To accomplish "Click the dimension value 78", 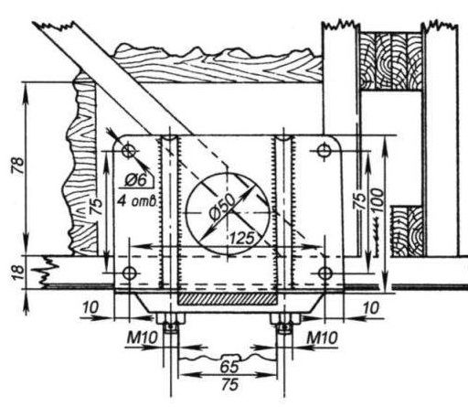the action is (x=18, y=166).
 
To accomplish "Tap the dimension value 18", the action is (x=18, y=273).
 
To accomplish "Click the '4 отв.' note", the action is (x=137, y=201).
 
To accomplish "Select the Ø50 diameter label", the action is (x=223, y=207).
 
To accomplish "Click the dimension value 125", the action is (x=242, y=238).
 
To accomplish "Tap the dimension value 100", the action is (x=378, y=201).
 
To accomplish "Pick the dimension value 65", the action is (x=229, y=367).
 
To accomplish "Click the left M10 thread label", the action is (x=143, y=337).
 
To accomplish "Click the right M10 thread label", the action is (x=322, y=337).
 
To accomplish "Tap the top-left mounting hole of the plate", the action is (x=129, y=151).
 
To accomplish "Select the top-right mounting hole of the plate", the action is (x=324, y=150).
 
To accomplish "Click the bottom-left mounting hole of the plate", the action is (x=130, y=273).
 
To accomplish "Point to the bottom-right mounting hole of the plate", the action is (x=325, y=273).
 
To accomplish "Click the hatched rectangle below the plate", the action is (x=228, y=299).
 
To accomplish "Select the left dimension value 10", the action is (x=90, y=307).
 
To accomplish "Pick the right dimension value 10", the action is (x=371, y=307).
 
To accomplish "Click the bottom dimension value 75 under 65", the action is (x=230, y=385).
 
